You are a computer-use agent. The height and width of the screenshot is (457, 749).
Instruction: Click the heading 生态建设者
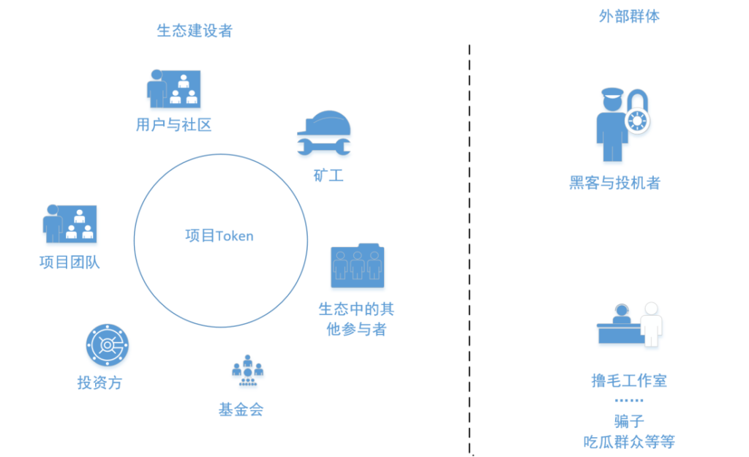point(195,31)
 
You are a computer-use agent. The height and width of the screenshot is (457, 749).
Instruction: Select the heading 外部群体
point(629,16)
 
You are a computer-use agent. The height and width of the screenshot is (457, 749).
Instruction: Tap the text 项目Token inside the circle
point(219,235)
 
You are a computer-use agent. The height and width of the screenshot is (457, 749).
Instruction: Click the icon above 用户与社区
point(174,89)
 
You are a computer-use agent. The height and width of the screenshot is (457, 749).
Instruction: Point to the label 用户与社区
point(174,125)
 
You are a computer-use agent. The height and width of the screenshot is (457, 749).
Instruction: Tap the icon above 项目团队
point(69,224)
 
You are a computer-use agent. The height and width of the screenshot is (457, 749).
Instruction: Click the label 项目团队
point(69,262)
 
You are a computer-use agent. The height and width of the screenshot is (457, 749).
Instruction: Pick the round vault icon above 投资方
point(108,345)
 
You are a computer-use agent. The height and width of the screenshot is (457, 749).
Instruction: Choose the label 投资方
point(99,382)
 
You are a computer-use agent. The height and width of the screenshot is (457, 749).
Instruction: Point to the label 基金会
point(241,409)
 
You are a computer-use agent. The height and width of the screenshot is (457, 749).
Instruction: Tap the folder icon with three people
point(357,265)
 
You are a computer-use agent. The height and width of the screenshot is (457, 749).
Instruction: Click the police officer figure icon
point(610,124)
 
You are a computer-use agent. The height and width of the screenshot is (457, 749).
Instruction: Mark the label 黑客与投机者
point(614,183)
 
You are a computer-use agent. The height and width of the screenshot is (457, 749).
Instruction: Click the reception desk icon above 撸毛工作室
point(629,325)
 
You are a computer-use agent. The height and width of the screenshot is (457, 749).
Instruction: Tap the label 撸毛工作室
point(629,381)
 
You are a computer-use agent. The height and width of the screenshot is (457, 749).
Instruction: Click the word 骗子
point(629,422)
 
